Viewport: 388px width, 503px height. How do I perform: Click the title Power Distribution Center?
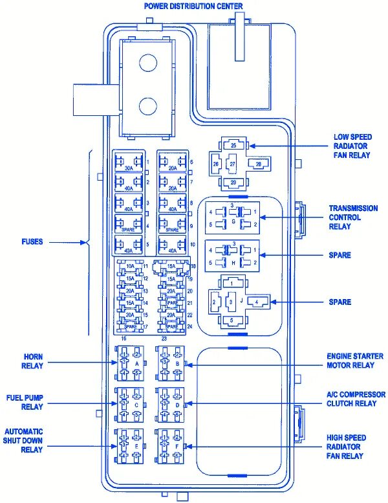(x=193, y=6)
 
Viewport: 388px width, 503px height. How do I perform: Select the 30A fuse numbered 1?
(x=129, y=162)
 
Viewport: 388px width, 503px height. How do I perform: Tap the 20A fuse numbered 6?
(x=172, y=162)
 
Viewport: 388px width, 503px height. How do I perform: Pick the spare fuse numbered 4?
(x=129, y=225)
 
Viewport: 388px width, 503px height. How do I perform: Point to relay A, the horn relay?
(x=130, y=363)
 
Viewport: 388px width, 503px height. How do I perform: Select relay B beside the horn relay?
(x=171, y=363)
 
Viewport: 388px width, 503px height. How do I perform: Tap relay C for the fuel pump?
(x=130, y=403)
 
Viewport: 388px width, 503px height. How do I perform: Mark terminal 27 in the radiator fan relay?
(x=232, y=164)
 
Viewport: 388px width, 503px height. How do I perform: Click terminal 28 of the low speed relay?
(x=258, y=164)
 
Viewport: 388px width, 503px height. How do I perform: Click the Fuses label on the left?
(x=32, y=242)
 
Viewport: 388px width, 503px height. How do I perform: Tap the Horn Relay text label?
(x=33, y=361)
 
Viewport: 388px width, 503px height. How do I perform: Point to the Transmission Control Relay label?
(x=353, y=218)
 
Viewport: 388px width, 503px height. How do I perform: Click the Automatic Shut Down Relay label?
(x=24, y=440)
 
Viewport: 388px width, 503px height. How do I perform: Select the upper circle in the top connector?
(x=149, y=62)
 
